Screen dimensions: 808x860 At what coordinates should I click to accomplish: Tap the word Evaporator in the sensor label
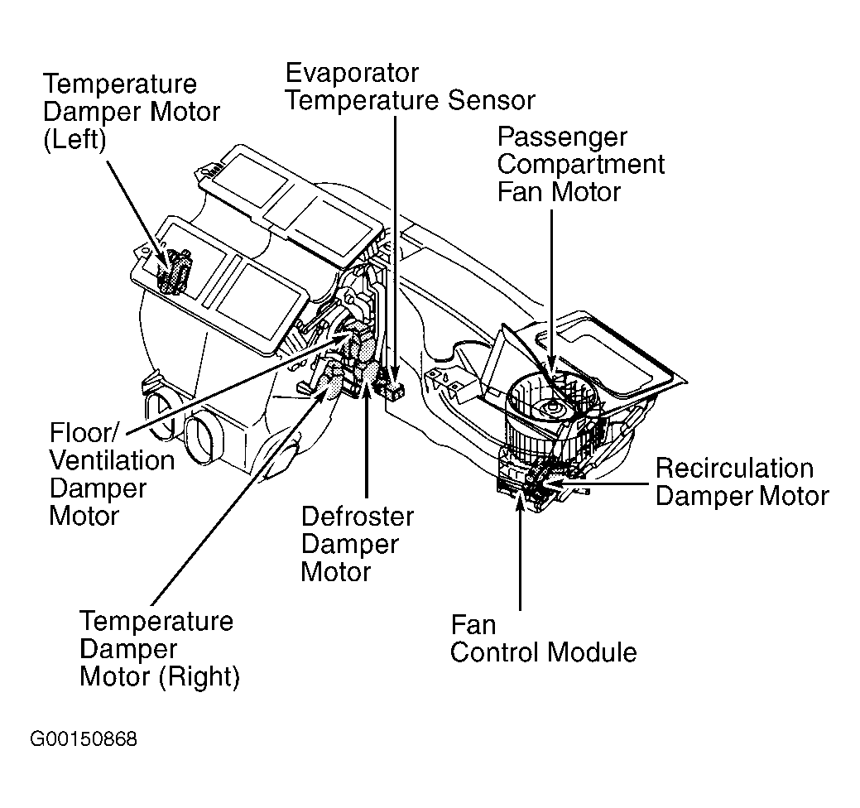click(352, 73)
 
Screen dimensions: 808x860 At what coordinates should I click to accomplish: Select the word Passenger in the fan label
click(562, 137)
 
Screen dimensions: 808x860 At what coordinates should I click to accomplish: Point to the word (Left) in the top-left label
click(74, 139)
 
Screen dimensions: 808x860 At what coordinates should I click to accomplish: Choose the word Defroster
click(357, 517)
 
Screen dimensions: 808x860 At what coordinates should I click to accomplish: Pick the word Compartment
click(580, 164)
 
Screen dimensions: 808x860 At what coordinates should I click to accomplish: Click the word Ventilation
click(112, 460)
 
